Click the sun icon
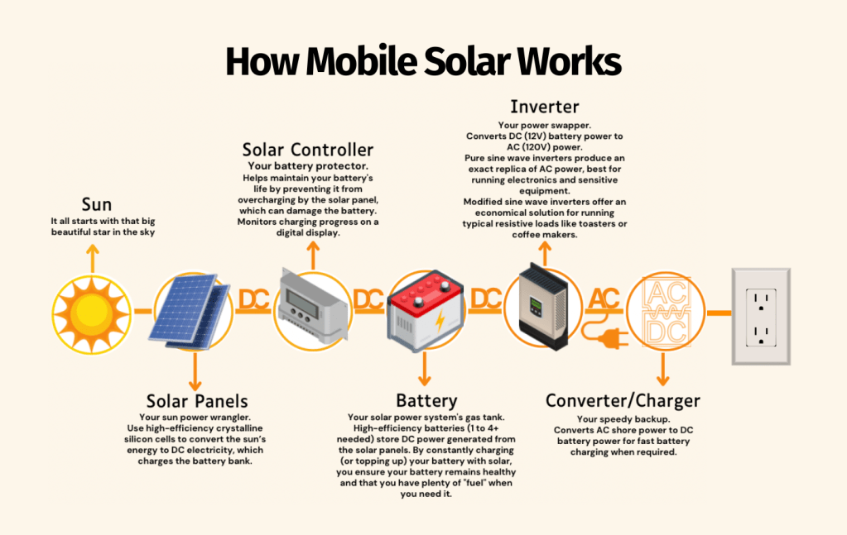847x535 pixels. click(x=92, y=314)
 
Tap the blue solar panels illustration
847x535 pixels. click(x=189, y=311)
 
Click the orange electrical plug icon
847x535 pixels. click(x=605, y=334)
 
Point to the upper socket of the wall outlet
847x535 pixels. click(x=761, y=300)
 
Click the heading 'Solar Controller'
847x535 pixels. click(x=308, y=150)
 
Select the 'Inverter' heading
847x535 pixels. click(x=545, y=107)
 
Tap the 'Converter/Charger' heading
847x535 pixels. click(x=623, y=401)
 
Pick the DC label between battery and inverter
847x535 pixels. click(x=486, y=299)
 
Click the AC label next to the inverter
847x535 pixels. click(x=604, y=299)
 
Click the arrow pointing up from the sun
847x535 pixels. click(x=93, y=258)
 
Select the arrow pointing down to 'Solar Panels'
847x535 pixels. click(x=195, y=371)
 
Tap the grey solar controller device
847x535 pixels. click(x=313, y=305)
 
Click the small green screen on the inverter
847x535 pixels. click(x=536, y=306)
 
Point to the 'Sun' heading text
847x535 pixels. click(x=97, y=204)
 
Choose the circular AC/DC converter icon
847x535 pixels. click(x=666, y=311)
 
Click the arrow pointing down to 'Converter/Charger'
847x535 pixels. click(x=663, y=368)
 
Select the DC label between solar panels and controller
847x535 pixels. click(x=254, y=300)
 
